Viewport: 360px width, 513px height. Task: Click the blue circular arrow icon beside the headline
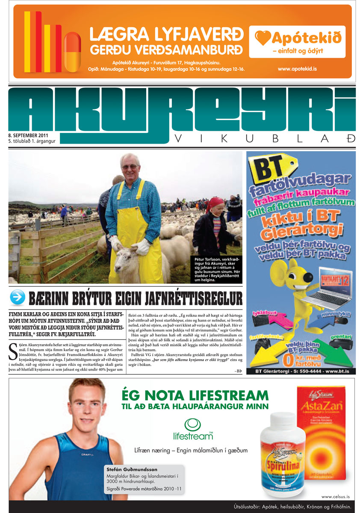point(18,298)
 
